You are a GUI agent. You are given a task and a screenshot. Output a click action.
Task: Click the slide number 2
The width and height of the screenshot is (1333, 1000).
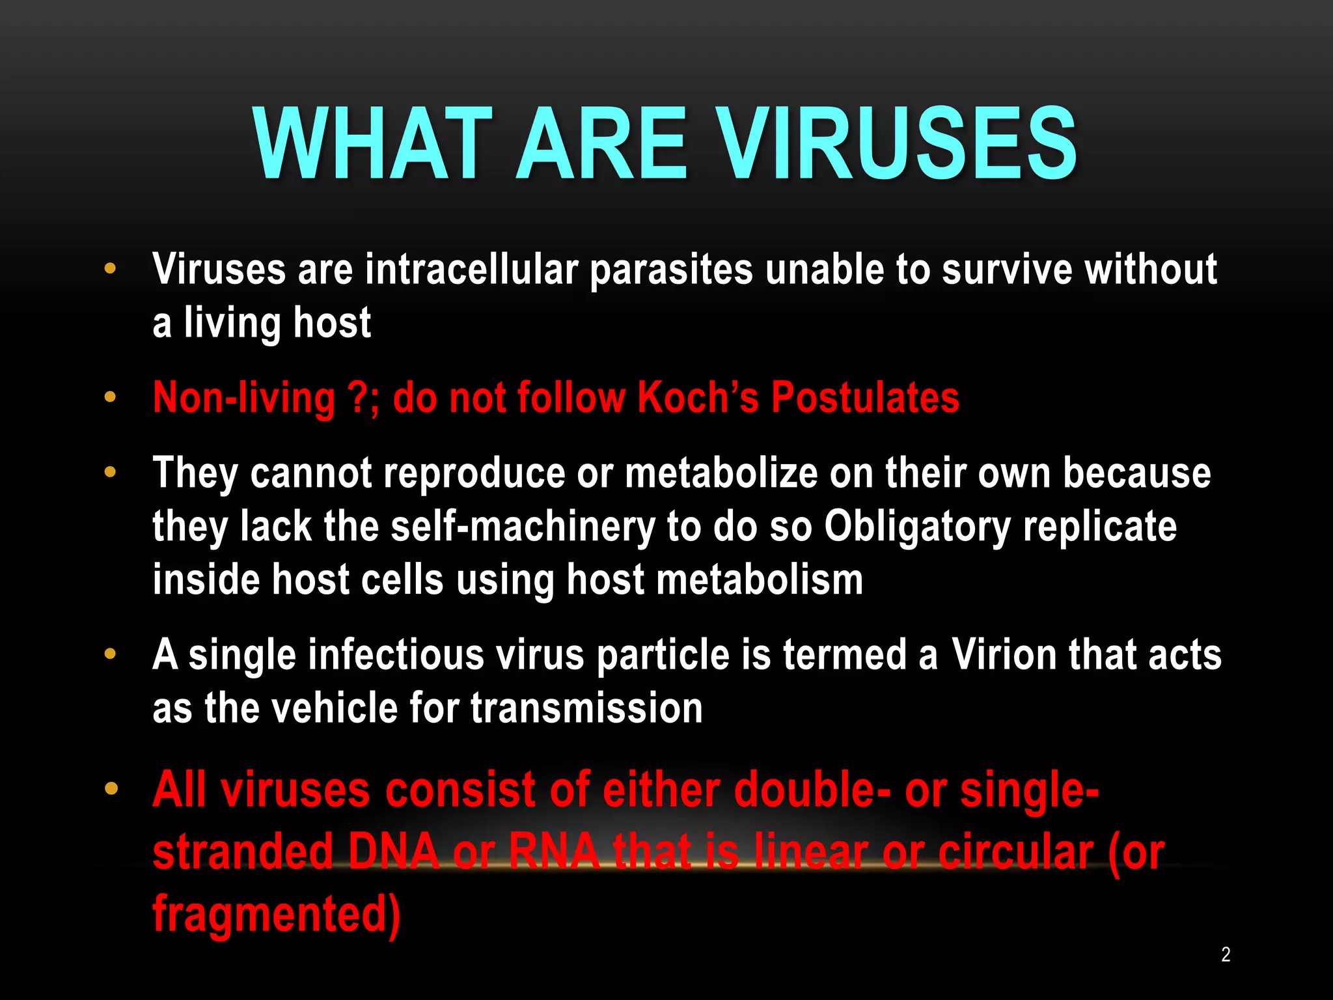tap(1226, 954)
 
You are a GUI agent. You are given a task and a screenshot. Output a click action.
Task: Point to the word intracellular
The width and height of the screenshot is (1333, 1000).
tap(471, 270)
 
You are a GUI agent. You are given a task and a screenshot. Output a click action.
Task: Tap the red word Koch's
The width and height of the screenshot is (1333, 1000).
tap(698, 397)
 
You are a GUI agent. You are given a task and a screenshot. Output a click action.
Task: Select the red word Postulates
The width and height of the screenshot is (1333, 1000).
tap(865, 397)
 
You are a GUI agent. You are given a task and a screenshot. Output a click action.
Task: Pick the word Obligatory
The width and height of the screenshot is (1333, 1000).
tap(917, 526)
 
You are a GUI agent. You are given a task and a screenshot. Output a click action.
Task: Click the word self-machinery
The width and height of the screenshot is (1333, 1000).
tap(522, 526)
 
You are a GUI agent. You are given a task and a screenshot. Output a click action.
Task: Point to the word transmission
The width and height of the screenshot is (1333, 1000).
tap(586, 708)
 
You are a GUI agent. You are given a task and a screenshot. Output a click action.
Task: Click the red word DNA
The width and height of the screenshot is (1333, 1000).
tap(394, 852)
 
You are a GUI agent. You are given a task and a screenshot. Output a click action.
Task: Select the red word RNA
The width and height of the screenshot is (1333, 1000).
tap(554, 852)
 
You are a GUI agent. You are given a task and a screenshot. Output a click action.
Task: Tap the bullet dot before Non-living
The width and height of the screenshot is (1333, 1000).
tap(111, 397)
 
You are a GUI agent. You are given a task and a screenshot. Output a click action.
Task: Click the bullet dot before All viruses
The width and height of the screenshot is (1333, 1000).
tap(111, 789)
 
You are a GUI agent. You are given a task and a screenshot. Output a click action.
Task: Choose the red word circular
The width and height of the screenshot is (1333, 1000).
tap(1015, 852)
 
